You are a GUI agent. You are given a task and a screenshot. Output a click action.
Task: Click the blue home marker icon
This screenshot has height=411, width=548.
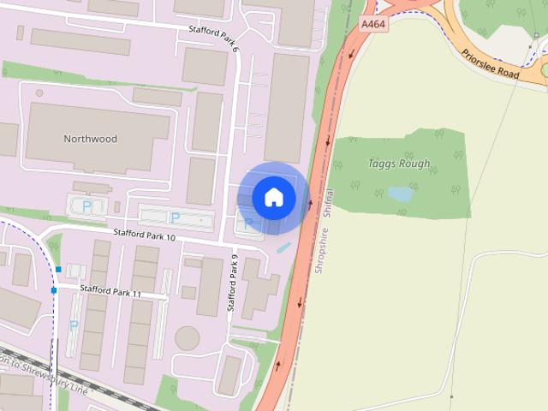click(274, 198)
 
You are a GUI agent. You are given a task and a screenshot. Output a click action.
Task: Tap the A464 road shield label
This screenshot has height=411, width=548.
click(373, 25)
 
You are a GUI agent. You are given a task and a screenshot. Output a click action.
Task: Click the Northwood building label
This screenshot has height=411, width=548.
click(90, 139)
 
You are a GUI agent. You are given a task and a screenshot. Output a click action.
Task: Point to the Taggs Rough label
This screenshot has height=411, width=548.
click(399, 164)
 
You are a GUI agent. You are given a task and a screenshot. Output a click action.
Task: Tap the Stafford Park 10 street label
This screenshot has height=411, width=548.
click(145, 235)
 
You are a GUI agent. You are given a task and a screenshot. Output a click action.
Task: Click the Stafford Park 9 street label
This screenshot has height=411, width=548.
click(232, 283)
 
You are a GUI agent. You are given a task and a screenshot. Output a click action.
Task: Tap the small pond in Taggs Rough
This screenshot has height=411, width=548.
click(400, 194)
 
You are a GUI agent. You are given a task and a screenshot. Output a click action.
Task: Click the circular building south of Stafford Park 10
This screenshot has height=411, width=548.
click(187, 338)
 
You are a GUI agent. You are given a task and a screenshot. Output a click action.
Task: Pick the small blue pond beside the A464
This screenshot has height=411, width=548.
click(283, 247)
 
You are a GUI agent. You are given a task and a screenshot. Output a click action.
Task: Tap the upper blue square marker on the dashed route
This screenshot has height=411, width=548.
click(58, 269)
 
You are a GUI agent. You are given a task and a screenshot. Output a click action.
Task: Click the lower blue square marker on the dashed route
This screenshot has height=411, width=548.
click(53, 290)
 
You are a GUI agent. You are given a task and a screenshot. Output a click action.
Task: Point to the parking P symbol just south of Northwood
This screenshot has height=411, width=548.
click(86, 205)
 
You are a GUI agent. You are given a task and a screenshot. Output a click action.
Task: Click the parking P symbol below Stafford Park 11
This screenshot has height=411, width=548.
click(74, 325)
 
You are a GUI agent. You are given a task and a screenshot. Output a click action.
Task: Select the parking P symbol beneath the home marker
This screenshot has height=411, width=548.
click(248, 223)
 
